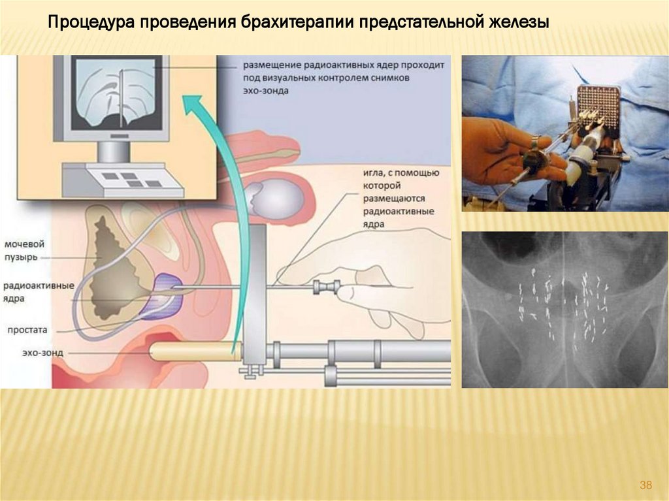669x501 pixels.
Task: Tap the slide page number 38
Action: [x=645, y=485]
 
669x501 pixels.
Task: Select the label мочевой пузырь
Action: [x=25, y=250]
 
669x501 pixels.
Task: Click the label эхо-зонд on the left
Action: [x=24, y=353]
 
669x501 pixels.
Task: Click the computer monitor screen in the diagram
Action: [x=115, y=93]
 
